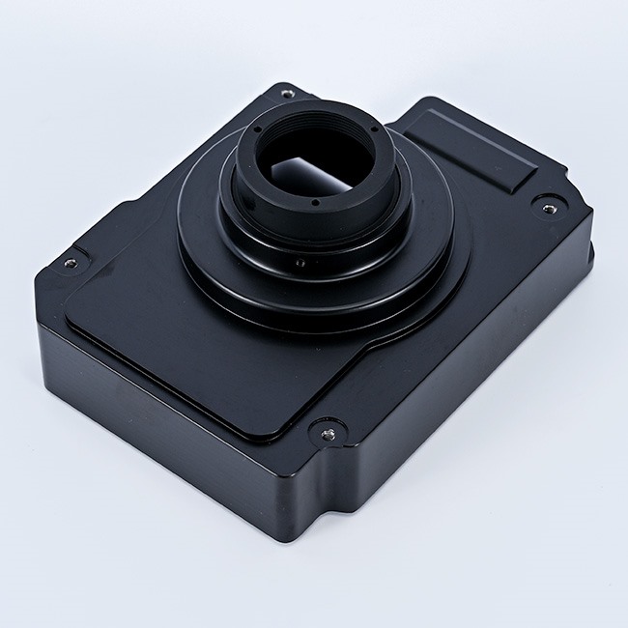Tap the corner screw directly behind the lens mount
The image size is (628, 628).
[287, 93]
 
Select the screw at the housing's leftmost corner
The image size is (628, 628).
[70, 261]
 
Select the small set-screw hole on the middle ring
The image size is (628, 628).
[300, 262]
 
